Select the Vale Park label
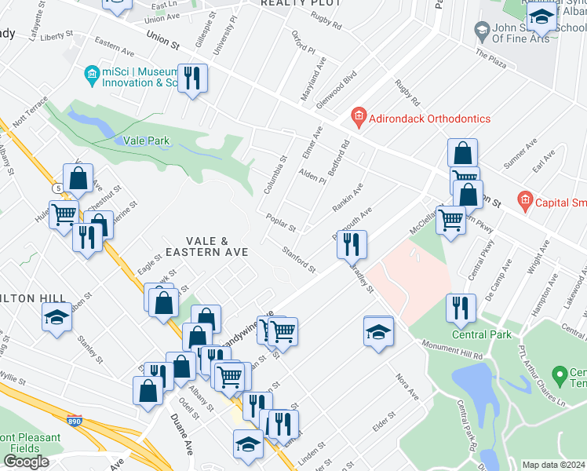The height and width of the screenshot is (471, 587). pyautogui.click(x=147, y=141)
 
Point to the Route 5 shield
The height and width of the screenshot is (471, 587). pyautogui.click(x=58, y=188)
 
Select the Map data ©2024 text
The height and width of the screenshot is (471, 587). pyautogui.click(x=553, y=465)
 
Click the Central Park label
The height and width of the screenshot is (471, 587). pyautogui.click(x=481, y=334)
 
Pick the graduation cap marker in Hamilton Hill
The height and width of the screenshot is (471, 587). pyautogui.click(x=57, y=317)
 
